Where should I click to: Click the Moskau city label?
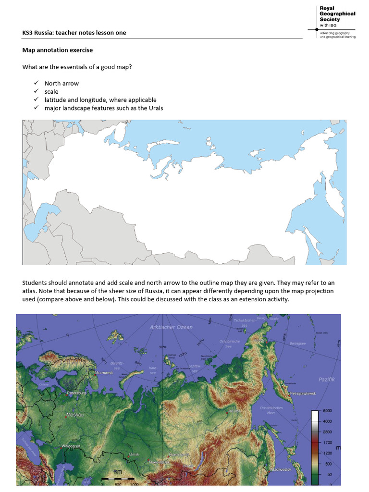[x=75, y=414]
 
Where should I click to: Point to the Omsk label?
[x=134, y=454]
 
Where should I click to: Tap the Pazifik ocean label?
[x=326, y=380]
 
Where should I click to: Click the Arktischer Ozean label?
[x=171, y=327]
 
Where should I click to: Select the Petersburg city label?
[x=77, y=393]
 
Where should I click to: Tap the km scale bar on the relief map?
[x=118, y=472]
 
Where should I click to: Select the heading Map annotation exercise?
[x=58, y=50]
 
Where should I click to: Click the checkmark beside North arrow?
[x=36, y=83]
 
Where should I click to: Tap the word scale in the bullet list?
[x=51, y=91]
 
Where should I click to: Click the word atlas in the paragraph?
[x=29, y=292]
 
